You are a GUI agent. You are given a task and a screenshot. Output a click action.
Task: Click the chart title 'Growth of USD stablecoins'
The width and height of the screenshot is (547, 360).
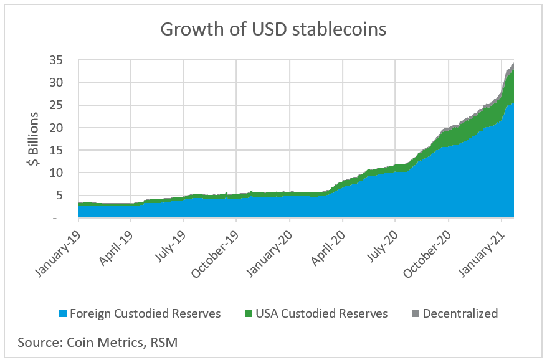pyautogui.click(x=274, y=29)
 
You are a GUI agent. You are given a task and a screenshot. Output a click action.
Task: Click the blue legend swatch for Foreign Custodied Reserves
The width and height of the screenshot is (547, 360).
pyautogui.click(x=62, y=314)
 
